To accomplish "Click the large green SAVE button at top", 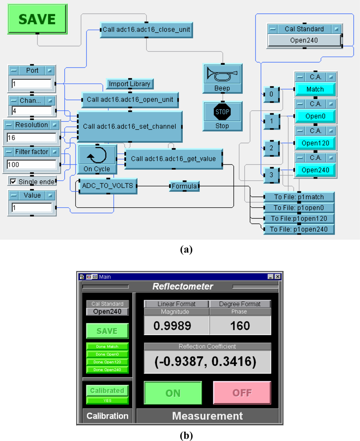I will pos(37,19).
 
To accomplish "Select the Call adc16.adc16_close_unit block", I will pos(147,30).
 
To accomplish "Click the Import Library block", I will pos(130,84).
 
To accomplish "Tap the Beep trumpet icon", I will pos(223,74).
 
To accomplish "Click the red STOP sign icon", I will pos(223,112).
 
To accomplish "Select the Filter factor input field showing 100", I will pos(32,165).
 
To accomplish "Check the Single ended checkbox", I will pos(13,182).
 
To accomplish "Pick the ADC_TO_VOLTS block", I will pos(107,186).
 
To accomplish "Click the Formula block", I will pos(184,187).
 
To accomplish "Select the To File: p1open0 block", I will pos(299,208).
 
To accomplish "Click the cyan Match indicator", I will pos(315,89).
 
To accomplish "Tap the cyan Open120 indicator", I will pos(315,143).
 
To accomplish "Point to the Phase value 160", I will pos(240,326).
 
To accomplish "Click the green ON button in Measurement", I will pos(173,393).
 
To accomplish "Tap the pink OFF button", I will pos(242,393).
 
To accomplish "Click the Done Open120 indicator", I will pos(107,362).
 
